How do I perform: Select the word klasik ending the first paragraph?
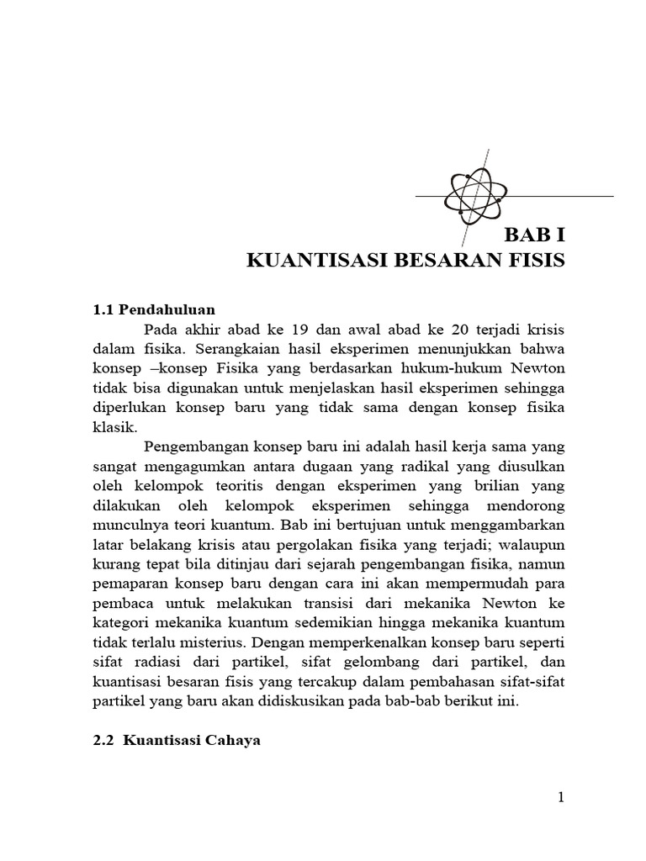[112, 426]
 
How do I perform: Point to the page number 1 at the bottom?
[559, 798]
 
